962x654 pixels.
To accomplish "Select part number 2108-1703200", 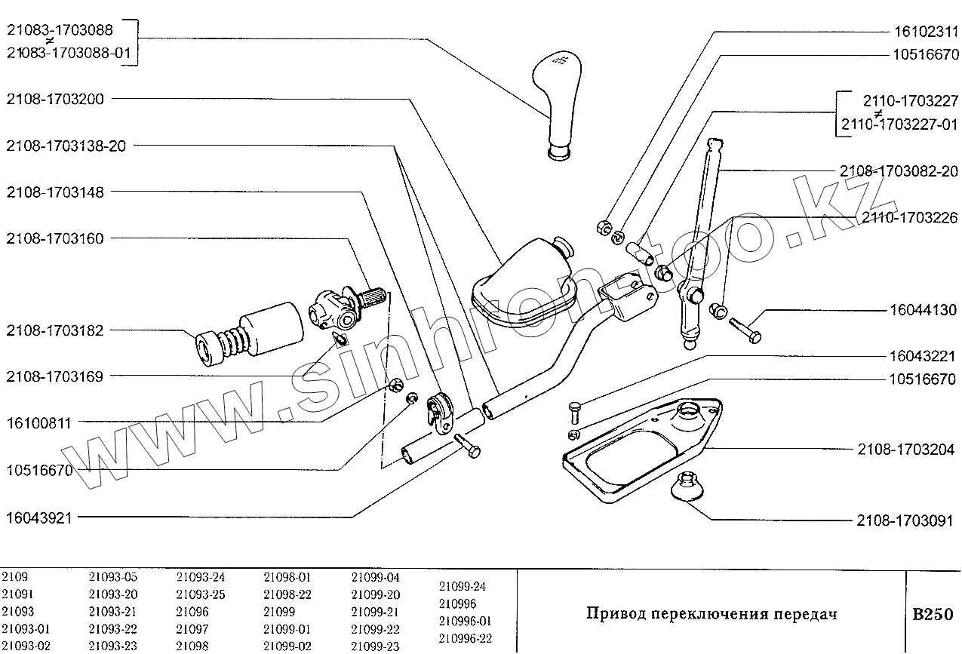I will (x=55, y=99).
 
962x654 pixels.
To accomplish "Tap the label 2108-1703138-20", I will (x=66, y=146).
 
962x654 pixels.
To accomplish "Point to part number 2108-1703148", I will (x=55, y=192).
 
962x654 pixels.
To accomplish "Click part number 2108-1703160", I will (x=55, y=238).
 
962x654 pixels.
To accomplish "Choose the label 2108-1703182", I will (x=55, y=330).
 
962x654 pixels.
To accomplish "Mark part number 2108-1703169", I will (x=55, y=376).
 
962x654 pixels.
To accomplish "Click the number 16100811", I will (x=38, y=423).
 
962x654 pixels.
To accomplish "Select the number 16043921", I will (x=38, y=517).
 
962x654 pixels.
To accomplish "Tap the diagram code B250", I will (x=933, y=614).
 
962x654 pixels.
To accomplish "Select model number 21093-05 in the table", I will (x=112, y=578).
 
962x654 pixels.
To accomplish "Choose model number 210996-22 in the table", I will (x=465, y=638).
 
